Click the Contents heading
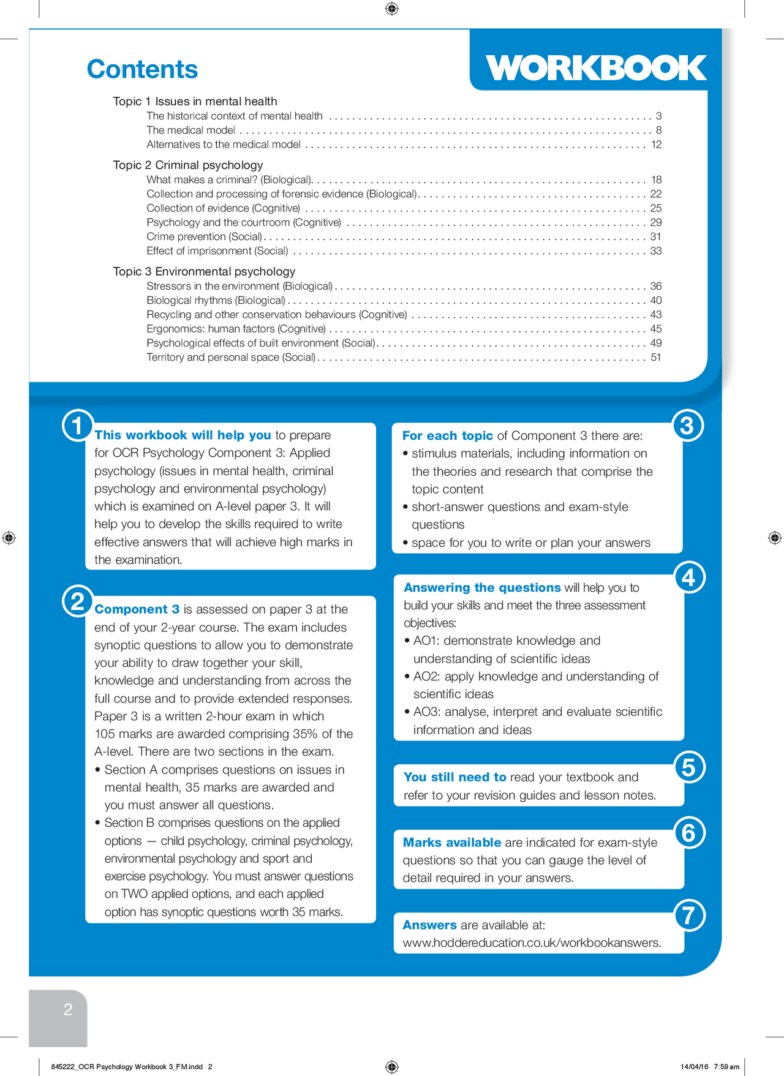tap(142, 69)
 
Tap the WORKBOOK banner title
tap(595, 67)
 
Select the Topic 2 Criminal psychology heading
tap(187, 165)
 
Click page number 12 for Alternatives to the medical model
tap(656, 145)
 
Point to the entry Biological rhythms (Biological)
tap(216, 300)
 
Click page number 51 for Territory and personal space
tap(656, 357)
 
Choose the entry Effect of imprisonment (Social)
tap(217, 250)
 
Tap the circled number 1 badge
tap(78, 426)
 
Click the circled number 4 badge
tap(689, 578)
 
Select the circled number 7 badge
tap(689, 916)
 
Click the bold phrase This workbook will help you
tap(183, 435)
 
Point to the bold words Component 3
tap(137, 609)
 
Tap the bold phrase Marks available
tap(452, 842)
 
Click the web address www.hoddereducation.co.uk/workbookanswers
tap(532, 942)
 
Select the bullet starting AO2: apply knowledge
tap(535, 676)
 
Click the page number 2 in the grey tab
tap(68, 1009)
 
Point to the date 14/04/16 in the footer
tap(694, 1066)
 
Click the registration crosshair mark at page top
tap(392, 8)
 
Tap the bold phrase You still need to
tap(454, 777)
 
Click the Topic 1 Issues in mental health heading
tap(195, 101)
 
